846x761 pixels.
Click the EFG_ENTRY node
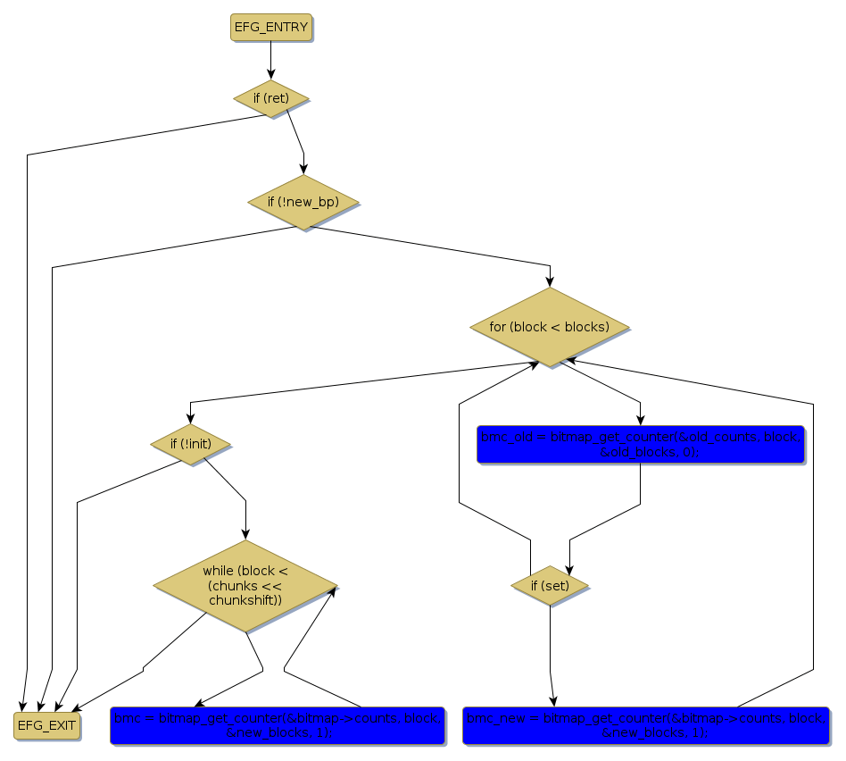(x=270, y=28)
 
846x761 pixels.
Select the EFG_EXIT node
(x=47, y=725)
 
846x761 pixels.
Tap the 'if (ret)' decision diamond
(x=271, y=98)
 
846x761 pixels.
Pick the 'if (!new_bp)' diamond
(x=303, y=202)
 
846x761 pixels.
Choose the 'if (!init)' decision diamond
(x=191, y=443)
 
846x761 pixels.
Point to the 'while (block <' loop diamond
(x=245, y=586)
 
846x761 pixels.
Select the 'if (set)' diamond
(x=550, y=586)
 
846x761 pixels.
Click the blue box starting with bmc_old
(x=641, y=444)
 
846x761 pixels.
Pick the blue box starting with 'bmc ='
(x=278, y=725)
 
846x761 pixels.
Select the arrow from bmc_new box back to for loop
(x=813, y=536)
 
